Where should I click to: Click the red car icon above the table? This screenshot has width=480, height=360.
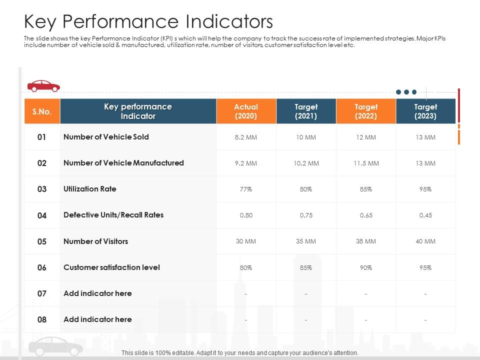(43, 86)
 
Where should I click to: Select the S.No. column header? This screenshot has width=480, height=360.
(42, 111)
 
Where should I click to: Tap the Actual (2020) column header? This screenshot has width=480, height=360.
(246, 111)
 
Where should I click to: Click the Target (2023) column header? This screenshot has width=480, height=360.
(425, 111)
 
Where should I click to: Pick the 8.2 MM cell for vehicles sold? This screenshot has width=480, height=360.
(245, 137)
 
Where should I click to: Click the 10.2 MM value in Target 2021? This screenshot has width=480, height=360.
(306, 163)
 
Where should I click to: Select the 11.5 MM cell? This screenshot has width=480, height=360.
(366, 163)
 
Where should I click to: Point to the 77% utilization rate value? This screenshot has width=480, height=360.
(245, 189)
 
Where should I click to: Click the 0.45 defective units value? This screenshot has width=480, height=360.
(425, 215)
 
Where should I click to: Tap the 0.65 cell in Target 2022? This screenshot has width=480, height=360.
(366, 215)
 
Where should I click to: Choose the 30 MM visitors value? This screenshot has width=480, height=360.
(245, 241)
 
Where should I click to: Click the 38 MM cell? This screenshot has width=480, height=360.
(366, 241)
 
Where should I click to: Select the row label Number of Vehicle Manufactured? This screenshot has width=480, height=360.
(123, 163)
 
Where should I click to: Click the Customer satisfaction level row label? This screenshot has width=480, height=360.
(111, 267)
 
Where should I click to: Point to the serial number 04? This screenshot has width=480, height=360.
(42, 215)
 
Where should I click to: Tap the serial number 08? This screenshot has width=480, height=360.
(42, 320)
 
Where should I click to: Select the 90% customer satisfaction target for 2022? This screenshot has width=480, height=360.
(366, 268)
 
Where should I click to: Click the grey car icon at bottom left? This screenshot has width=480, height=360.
(55, 346)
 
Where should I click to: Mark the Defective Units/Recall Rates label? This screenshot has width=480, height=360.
(113, 215)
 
